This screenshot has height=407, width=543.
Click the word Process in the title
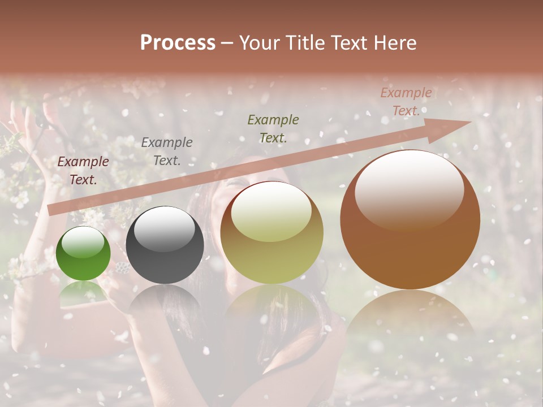pos(178,43)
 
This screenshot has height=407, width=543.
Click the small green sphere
pos(83,254)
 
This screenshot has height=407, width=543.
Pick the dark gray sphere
pos(165,245)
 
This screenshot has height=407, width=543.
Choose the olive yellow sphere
pos(271,233)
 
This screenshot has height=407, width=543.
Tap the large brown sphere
pos(410,220)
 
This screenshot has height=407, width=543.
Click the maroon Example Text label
pos(83,171)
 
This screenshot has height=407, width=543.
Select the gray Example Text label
pos(166,151)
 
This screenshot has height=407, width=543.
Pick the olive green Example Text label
pos(273,128)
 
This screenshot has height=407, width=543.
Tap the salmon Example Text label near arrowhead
pos(406,102)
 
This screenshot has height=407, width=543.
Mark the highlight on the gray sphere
pos(164,229)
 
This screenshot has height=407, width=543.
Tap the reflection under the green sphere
pos(83,291)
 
